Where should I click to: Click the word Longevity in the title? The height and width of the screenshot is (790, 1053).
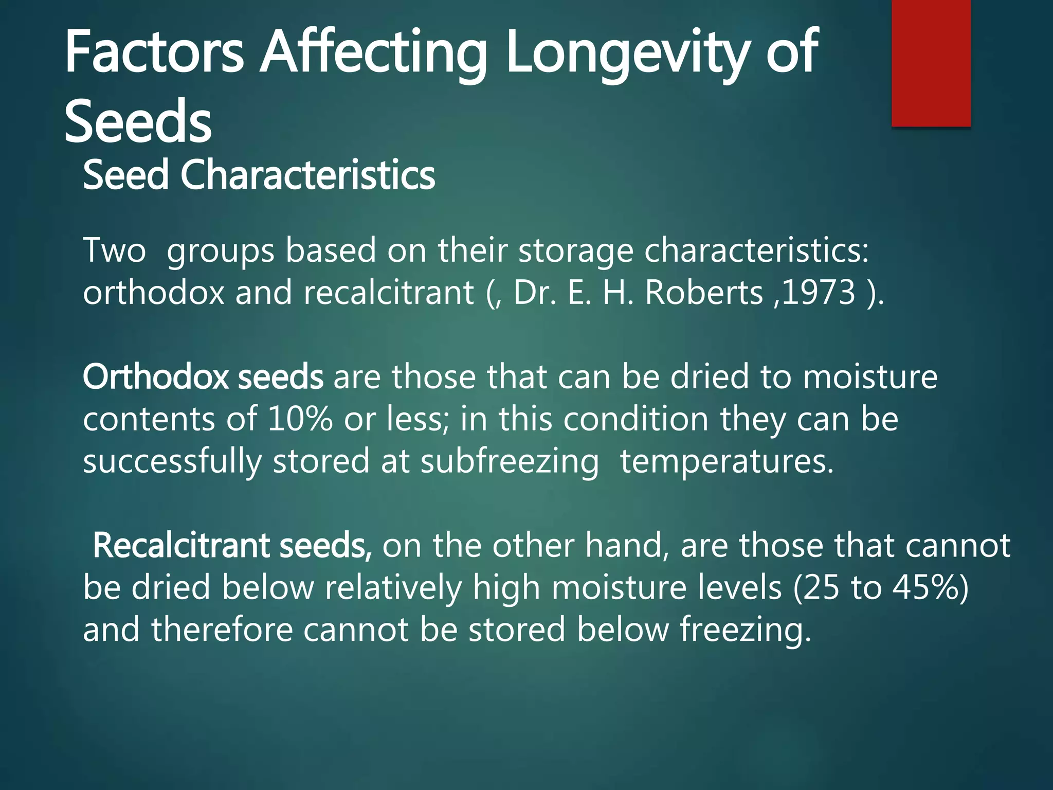(628, 52)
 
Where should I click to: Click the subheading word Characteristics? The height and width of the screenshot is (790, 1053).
(307, 175)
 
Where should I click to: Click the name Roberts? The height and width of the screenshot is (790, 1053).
(703, 292)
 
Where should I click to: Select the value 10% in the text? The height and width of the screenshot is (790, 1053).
(300, 419)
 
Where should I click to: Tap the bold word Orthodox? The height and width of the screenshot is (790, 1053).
(155, 376)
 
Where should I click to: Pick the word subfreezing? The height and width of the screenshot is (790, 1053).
(510, 461)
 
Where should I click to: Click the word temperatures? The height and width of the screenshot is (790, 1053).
(727, 461)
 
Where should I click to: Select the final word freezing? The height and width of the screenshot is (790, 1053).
(745, 630)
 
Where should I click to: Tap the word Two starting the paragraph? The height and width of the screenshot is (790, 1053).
(114, 250)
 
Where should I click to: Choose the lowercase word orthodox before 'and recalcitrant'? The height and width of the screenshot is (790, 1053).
(154, 292)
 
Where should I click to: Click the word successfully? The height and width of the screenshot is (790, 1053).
(172, 461)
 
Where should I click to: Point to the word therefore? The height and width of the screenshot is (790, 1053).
(222, 630)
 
